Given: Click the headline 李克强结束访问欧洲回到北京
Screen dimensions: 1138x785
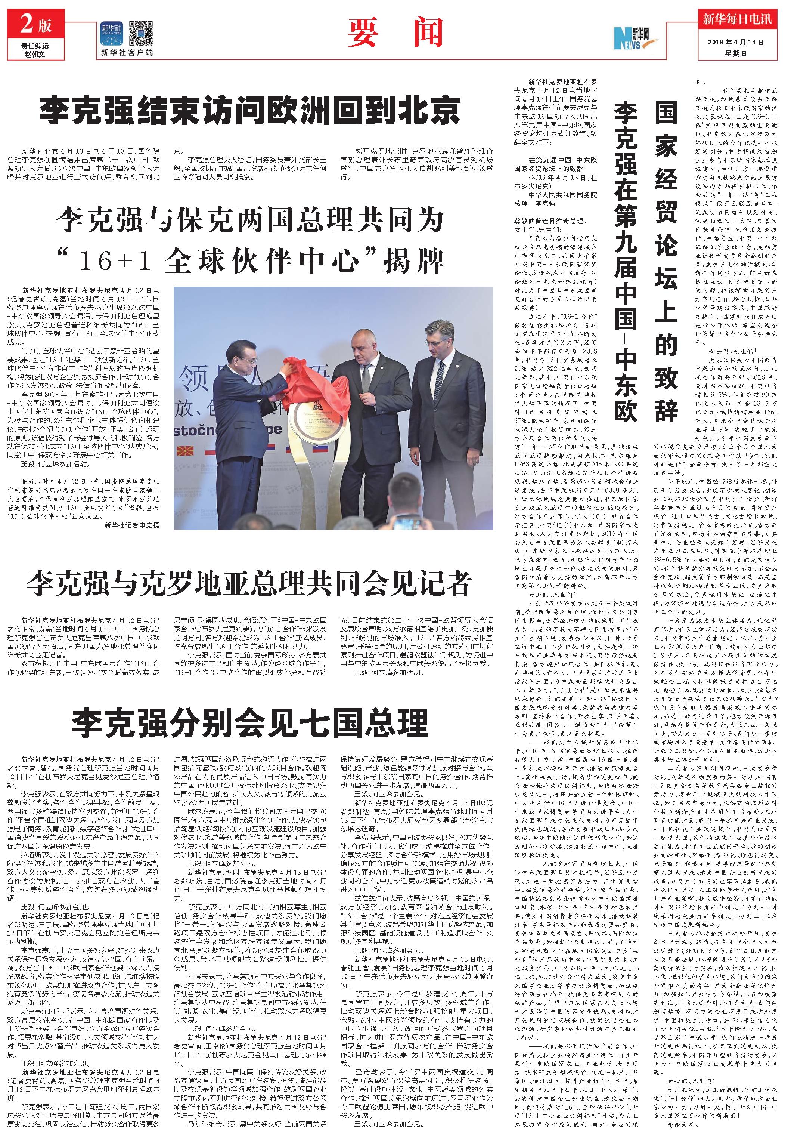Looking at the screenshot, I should coord(249,110).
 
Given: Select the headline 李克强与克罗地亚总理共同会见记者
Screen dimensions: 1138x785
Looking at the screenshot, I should coord(249,584).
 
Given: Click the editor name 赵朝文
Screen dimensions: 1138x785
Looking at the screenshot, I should coord(35,54).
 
